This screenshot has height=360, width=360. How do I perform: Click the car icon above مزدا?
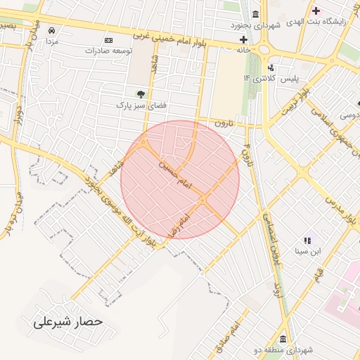[x=52, y=30]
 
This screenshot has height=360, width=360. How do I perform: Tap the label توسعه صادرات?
[x=109, y=51]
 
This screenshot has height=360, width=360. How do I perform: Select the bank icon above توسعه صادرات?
[x=108, y=40]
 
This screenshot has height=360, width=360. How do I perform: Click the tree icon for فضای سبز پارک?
[x=141, y=94]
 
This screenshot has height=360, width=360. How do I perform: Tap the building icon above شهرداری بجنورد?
[x=255, y=15]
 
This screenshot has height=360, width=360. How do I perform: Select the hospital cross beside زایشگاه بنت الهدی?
[x=316, y=11]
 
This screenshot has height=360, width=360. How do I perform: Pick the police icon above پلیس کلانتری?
[x=271, y=67]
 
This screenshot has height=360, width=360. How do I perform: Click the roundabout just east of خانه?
[x=265, y=49]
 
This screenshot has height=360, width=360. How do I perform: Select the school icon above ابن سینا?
[x=307, y=240]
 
